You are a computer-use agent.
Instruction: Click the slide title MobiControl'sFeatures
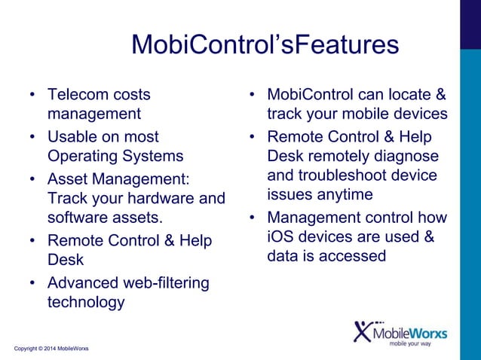pyautogui.click(x=265, y=44)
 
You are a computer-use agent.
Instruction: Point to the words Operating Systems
pyautogui.click(x=115, y=157)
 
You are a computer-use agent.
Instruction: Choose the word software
pyautogui.click(x=77, y=218)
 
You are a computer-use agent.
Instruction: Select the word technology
pyautogui.click(x=85, y=303)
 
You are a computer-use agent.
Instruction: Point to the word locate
pyautogui.click(x=407, y=95)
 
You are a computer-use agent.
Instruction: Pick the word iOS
pyautogui.click(x=280, y=236)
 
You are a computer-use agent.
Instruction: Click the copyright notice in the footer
pyautogui.click(x=51, y=349)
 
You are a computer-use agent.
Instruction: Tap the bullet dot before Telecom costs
pyautogui.click(x=32, y=96)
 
